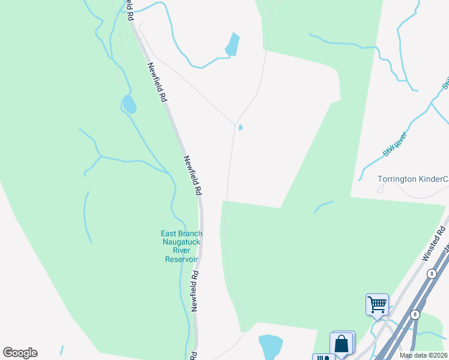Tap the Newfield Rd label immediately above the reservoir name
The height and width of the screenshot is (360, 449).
coord(192,175)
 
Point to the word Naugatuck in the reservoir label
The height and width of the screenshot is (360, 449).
coord(181,242)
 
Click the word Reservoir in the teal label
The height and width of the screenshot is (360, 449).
coord(181,259)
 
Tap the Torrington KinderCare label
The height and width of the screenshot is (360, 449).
coord(413,179)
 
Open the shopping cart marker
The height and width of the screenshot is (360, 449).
coord(377,304)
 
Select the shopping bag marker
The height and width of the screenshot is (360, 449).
coord(342,344)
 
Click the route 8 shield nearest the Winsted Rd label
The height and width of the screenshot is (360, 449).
coord(431,273)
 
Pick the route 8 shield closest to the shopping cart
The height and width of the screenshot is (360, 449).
coord(414,314)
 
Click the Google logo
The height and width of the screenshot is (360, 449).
coord(20,353)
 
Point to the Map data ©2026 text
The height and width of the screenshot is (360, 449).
coord(423,355)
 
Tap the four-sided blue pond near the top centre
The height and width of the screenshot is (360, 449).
coord(232,44)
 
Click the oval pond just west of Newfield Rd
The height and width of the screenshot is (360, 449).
coord(129,104)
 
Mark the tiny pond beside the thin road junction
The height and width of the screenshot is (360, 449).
coord(240,127)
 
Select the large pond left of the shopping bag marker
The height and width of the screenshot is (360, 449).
coord(270,347)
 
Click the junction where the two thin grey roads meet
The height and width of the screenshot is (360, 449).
coord(234,125)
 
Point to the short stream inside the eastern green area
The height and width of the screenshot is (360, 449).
coord(324,206)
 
